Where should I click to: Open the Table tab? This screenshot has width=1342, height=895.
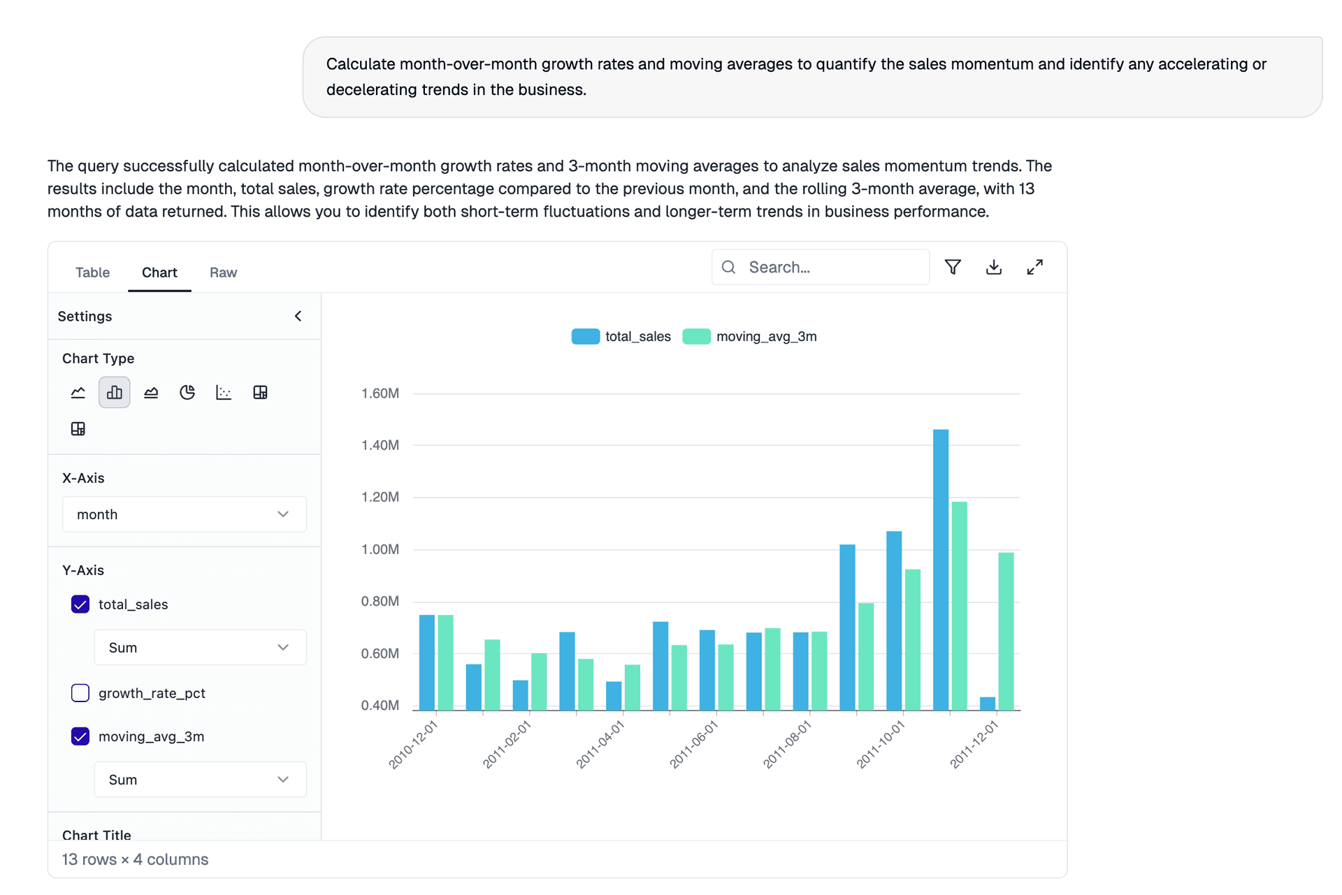click(92, 272)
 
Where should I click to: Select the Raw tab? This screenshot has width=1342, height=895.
click(223, 272)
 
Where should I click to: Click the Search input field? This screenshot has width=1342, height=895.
click(832, 267)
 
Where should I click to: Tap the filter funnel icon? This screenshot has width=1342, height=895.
click(953, 267)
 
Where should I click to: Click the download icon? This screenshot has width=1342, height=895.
click(993, 267)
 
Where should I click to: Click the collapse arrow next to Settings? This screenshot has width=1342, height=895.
click(298, 316)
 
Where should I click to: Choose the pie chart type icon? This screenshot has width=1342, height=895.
click(187, 393)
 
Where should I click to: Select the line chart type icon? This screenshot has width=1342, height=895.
click(78, 393)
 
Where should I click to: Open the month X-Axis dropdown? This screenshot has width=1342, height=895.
click(184, 514)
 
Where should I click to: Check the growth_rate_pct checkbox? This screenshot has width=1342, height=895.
click(80, 693)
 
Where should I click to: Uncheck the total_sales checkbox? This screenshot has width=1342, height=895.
click(80, 604)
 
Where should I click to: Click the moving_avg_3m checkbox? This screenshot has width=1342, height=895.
click(80, 736)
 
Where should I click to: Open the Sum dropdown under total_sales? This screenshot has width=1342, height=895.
click(200, 648)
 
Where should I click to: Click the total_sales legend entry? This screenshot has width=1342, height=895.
click(621, 337)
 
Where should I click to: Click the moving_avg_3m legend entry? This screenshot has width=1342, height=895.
click(750, 337)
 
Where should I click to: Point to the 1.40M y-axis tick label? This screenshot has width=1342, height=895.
click(380, 445)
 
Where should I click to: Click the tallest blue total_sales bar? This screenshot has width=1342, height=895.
click(941, 569)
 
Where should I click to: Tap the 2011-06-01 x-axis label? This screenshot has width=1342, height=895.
click(694, 745)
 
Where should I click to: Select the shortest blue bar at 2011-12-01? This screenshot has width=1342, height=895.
click(987, 704)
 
